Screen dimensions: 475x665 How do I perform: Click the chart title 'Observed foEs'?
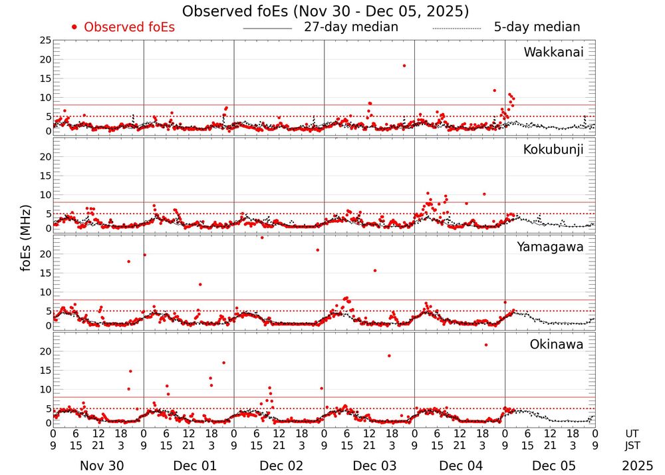click(x=325, y=11)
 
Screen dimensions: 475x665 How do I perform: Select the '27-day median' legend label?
click(x=351, y=27)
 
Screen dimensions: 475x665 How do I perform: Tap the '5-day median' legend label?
click(x=537, y=27)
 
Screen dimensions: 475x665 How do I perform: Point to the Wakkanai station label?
click(x=553, y=53)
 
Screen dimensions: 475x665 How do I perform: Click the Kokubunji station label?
click(x=552, y=150)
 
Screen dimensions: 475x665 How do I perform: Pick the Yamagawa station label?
click(x=551, y=247)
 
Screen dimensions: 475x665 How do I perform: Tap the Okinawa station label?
click(x=556, y=345)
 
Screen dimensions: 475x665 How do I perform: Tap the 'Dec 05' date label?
click(x=549, y=466)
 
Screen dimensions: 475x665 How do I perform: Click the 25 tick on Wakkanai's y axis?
click(x=45, y=41)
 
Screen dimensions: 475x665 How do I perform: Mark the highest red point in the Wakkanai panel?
click(x=404, y=65)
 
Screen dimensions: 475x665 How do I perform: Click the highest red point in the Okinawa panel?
click(x=486, y=345)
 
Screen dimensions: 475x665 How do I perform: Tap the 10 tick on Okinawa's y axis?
click(x=45, y=389)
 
